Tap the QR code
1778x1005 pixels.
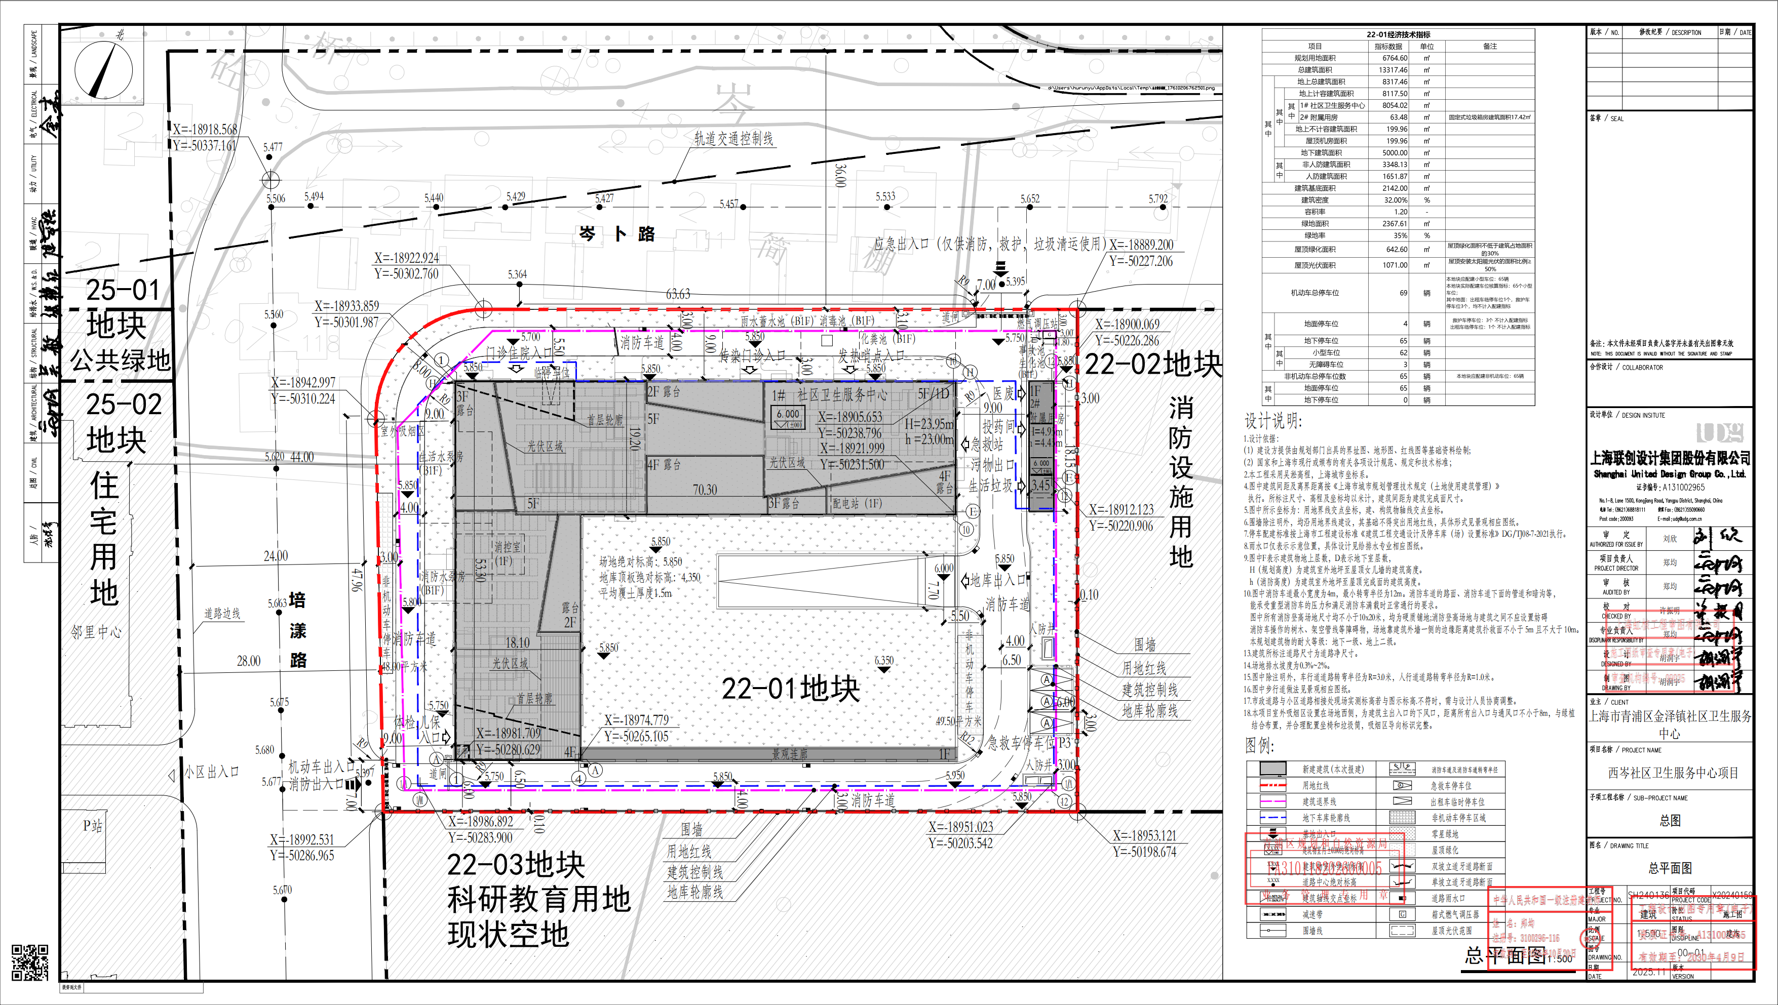(x=30, y=963)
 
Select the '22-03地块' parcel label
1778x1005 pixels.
(x=516, y=864)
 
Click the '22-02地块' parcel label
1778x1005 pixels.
(x=1152, y=364)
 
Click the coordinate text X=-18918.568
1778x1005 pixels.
(x=205, y=129)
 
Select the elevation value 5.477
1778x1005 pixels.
(x=273, y=147)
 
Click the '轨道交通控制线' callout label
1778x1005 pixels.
(x=733, y=139)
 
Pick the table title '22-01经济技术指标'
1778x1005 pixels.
(x=1398, y=34)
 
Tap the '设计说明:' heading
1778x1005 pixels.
(x=1273, y=421)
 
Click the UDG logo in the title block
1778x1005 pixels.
(x=1719, y=433)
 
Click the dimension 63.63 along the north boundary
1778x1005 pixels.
(x=678, y=294)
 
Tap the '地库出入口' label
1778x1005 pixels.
(x=998, y=580)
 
